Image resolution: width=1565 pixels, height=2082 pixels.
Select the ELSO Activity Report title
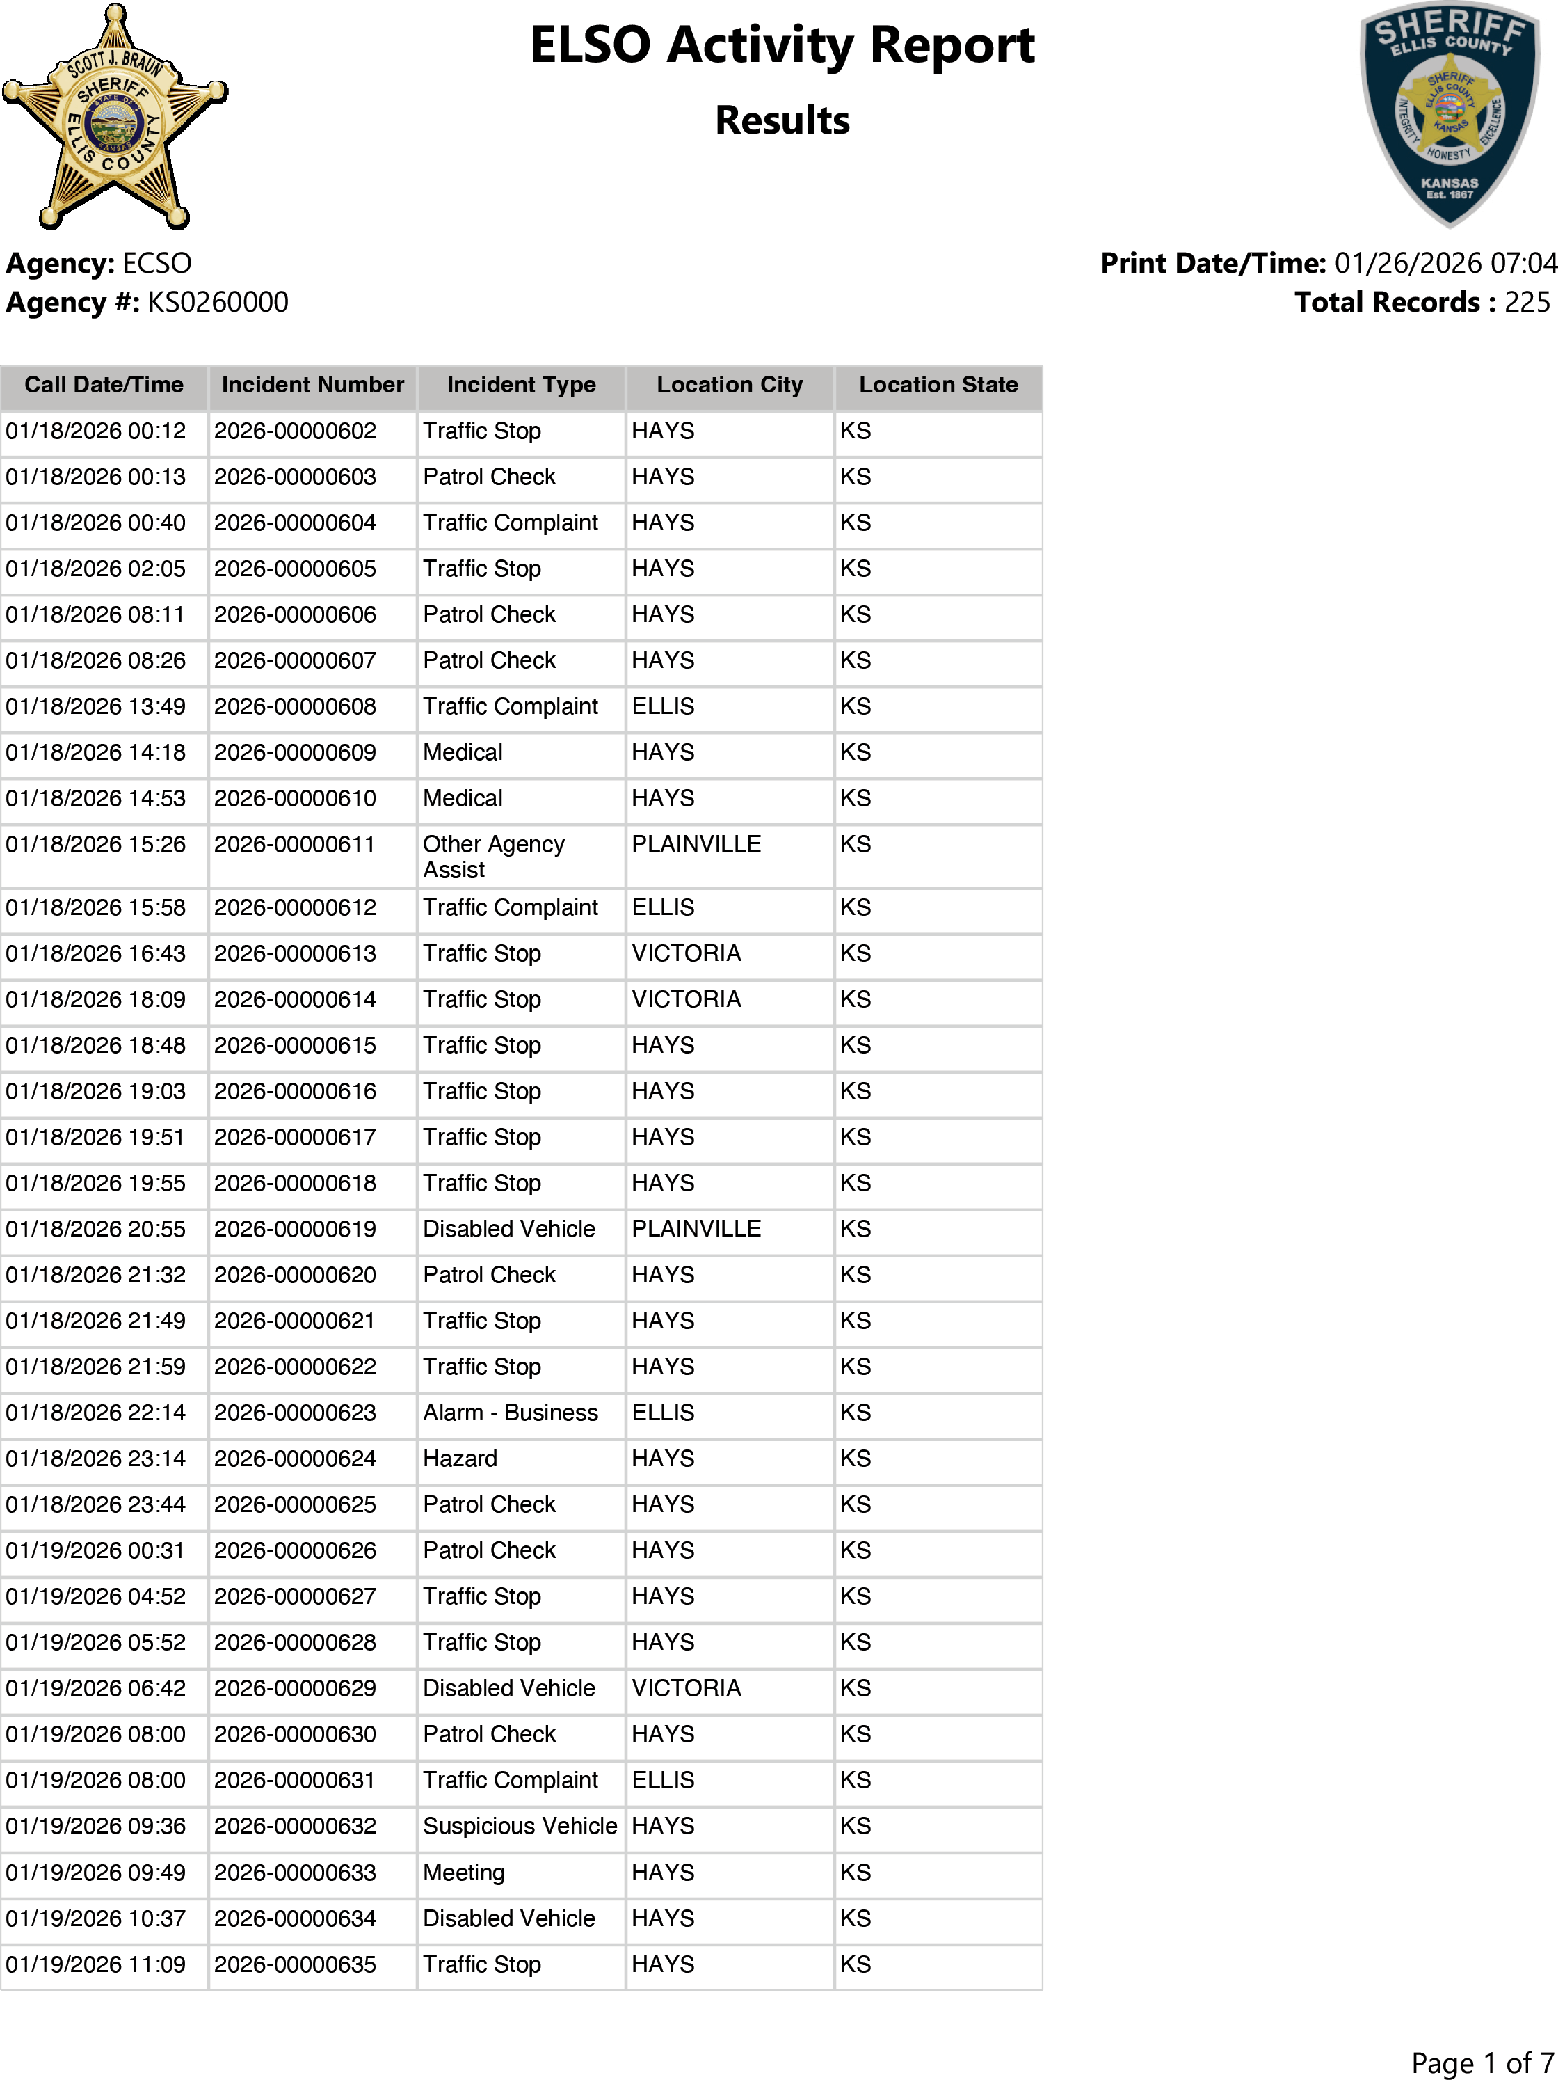(x=781, y=45)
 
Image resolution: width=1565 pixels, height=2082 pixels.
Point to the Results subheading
(x=781, y=120)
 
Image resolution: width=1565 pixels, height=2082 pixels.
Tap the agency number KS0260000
(x=218, y=302)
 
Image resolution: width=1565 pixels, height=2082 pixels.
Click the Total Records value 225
(x=1527, y=302)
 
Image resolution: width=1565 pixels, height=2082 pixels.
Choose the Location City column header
(x=730, y=385)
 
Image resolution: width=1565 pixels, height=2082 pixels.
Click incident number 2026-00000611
(x=294, y=844)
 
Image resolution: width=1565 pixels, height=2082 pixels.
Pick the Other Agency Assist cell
(x=493, y=857)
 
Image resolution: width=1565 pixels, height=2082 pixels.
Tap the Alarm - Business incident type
(x=510, y=1413)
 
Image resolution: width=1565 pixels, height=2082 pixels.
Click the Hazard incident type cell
(x=460, y=1459)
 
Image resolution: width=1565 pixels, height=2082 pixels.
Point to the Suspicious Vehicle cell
(x=520, y=1826)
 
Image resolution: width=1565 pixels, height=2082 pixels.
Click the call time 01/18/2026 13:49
(x=96, y=707)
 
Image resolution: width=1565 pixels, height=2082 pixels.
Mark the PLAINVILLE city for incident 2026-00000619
(x=696, y=1230)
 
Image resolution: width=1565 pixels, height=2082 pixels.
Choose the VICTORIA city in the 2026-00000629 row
(x=686, y=1689)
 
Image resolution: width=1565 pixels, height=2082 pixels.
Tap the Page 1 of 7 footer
(x=1482, y=2063)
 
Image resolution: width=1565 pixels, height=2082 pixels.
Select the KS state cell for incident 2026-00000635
(x=856, y=1964)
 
